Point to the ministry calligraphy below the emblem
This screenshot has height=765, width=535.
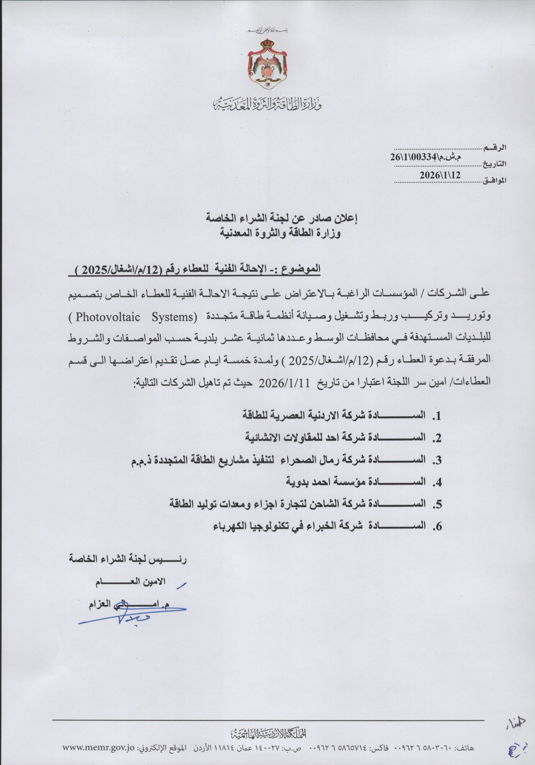point(267,104)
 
